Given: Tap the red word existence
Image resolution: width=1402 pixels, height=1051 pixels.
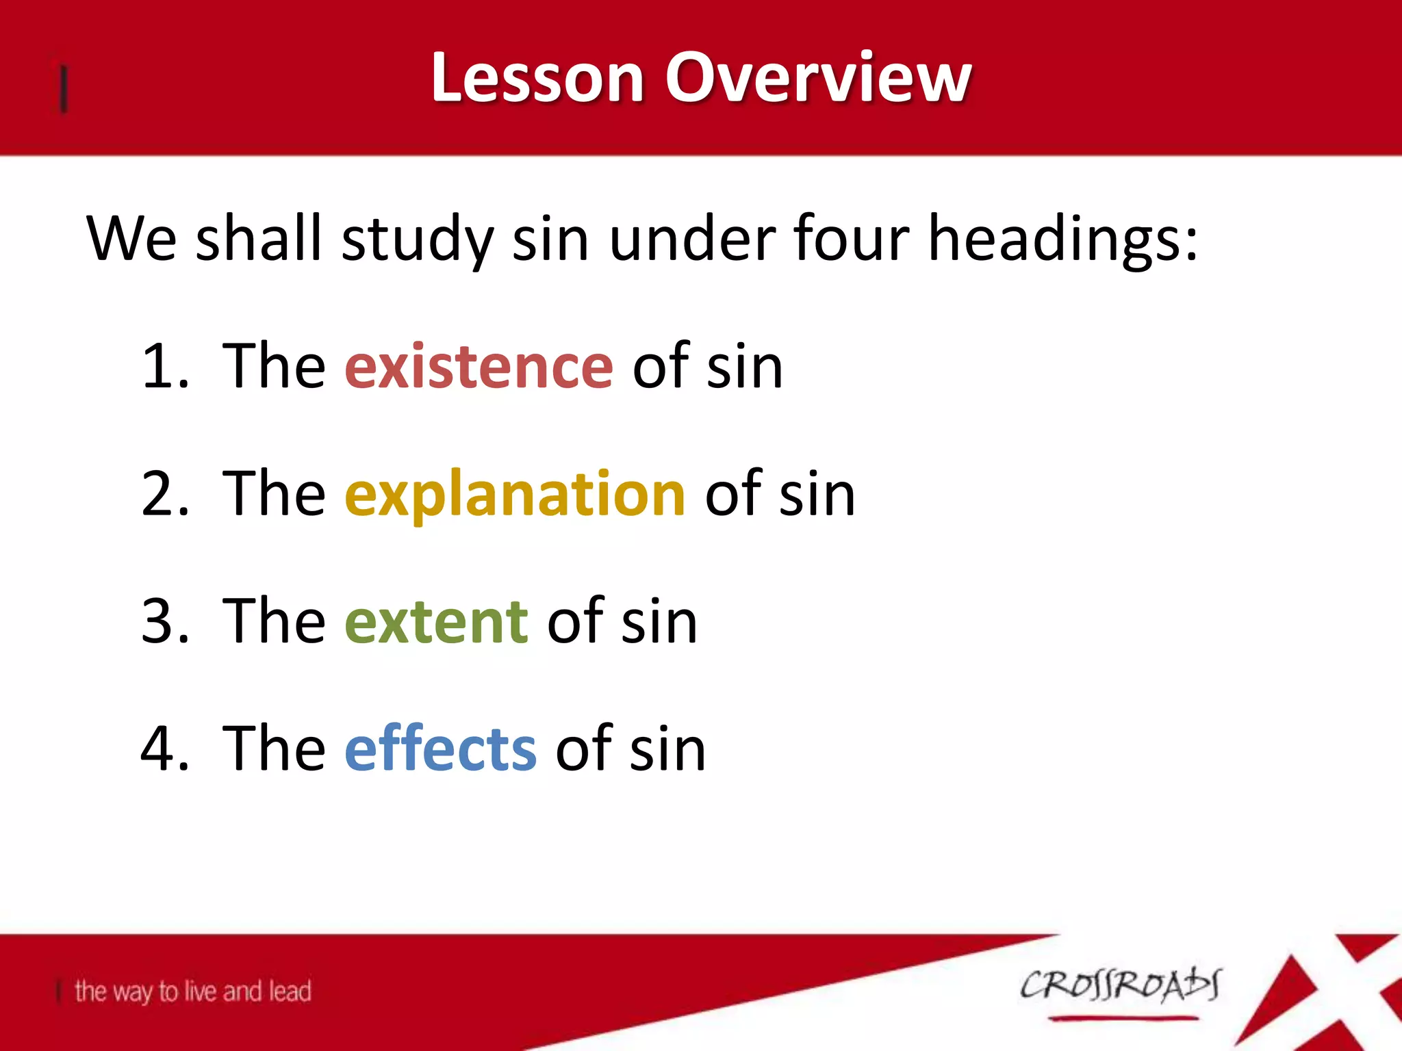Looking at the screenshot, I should (479, 367).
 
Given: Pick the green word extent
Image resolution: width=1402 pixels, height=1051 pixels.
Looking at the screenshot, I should (436, 621).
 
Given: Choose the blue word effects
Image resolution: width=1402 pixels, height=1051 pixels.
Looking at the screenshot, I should (440, 749).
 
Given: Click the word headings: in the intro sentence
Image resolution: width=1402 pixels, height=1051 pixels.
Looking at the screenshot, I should (1062, 239).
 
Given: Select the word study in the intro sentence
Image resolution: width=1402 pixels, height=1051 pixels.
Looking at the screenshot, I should (417, 239).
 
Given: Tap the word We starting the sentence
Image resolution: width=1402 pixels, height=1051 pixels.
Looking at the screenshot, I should (131, 239).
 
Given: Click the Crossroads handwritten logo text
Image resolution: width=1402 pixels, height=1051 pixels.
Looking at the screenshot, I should (1120, 985).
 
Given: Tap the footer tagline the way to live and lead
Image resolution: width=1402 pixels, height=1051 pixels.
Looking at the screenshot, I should (193, 991).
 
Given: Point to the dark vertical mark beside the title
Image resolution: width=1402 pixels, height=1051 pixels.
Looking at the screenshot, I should (64, 88).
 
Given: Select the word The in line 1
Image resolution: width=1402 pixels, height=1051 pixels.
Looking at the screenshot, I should (274, 367).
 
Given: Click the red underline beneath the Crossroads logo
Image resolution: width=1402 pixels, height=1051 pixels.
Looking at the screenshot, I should (1123, 1019).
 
